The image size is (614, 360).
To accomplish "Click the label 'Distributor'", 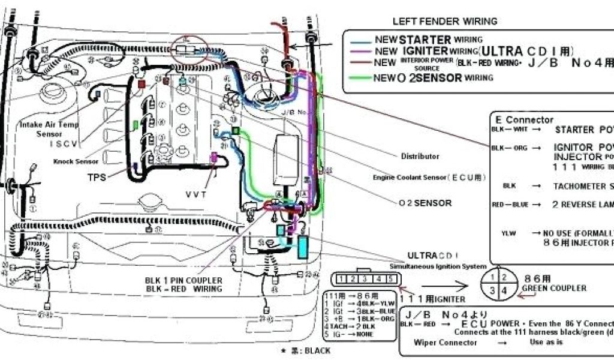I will pyautogui.click(x=420, y=157).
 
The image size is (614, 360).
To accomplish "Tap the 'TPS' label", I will pyautogui.click(x=97, y=178).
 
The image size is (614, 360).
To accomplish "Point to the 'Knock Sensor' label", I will pyautogui.click(x=76, y=161).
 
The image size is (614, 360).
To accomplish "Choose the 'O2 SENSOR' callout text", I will pyautogui.click(x=425, y=203).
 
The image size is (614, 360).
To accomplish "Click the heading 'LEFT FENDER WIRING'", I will pyautogui.click(x=445, y=21).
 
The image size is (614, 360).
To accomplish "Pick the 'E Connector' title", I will pyautogui.click(x=525, y=120).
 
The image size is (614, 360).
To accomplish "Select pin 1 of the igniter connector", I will pyautogui.click(x=340, y=279).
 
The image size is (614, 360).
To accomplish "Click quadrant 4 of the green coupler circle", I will pyautogui.click(x=504, y=290).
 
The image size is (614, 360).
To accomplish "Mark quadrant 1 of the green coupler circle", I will pyautogui.click(x=492, y=278).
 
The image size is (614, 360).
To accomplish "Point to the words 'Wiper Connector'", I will pyautogui.click(x=446, y=343).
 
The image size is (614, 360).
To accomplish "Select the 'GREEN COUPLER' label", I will pyautogui.click(x=555, y=289).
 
